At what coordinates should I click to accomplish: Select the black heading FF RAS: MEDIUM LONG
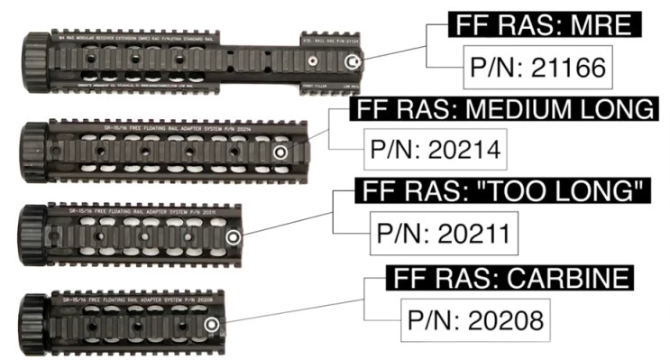coord(502,110)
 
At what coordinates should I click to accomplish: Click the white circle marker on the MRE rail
coord(354,61)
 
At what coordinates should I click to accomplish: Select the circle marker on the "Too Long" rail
coord(234,237)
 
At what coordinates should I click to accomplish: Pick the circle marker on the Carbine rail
coord(211,323)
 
